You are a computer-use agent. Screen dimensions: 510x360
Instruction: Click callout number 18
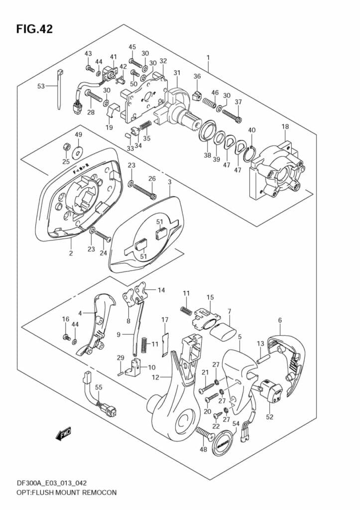285,127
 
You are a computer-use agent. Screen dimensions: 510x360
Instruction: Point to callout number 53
41,86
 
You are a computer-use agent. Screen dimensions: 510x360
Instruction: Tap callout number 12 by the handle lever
156,377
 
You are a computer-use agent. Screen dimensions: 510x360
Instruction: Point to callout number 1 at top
208,58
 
